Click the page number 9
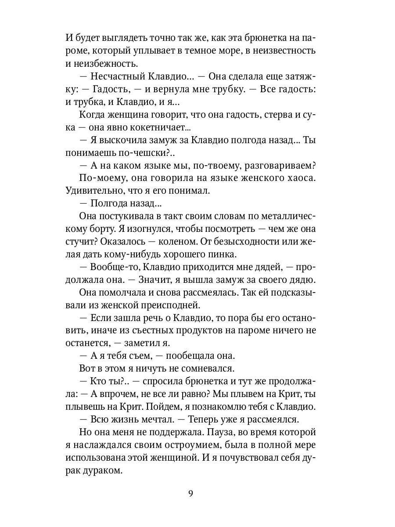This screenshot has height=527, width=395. pos(190,493)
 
